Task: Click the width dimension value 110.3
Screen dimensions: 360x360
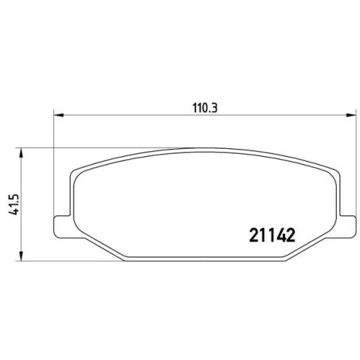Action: point(205,108)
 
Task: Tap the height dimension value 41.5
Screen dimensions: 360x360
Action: point(14,205)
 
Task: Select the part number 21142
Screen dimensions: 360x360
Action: point(272,235)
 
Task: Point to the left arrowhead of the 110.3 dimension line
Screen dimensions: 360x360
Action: point(59,115)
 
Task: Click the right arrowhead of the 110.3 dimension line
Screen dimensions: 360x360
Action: point(350,115)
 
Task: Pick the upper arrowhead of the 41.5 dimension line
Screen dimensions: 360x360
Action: point(21,153)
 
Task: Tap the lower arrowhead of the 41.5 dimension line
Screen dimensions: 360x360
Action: point(21,256)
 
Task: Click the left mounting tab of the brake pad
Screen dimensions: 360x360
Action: point(63,226)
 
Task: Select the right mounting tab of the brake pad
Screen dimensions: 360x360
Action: point(348,226)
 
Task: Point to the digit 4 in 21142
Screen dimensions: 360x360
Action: point(281,235)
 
